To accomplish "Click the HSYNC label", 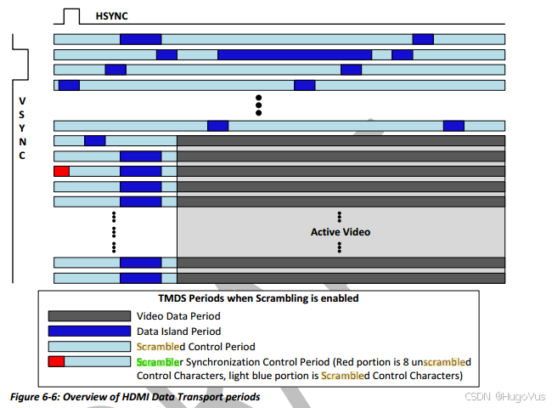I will click(113, 15).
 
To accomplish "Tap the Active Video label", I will click(340, 231).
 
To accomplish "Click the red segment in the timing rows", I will click(61, 171).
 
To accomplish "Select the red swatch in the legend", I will click(56, 362).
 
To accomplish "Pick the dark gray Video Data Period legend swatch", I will click(87, 316).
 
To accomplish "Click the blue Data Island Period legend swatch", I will click(87, 331).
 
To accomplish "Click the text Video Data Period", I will click(178, 316).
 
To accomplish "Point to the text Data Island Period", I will click(178, 331).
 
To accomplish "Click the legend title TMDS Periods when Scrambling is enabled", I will click(258, 298).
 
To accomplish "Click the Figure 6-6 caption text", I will click(134, 397).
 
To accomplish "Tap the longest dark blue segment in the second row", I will click(295, 54).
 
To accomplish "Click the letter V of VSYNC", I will click(22, 101).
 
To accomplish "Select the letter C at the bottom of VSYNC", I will click(22, 156).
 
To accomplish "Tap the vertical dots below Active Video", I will click(339, 247).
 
